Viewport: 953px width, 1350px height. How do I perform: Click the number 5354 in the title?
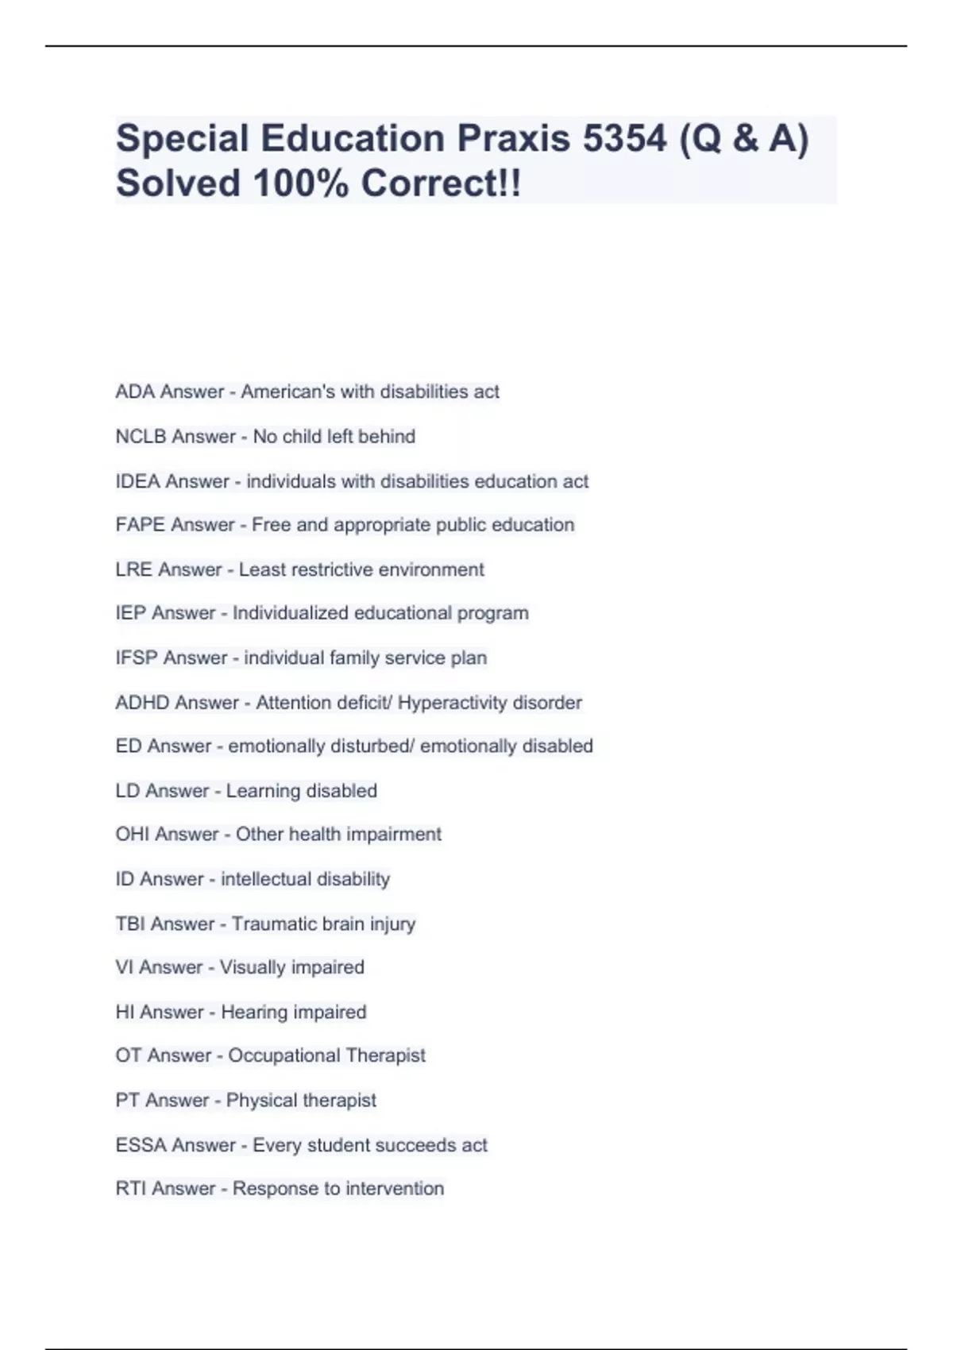(x=624, y=139)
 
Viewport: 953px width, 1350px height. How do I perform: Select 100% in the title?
(x=301, y=184)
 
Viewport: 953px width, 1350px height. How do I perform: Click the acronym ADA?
(x=135, y=391)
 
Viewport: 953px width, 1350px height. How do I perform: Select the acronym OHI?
(x=133, y=835)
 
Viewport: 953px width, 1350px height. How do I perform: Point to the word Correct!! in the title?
(x=442, y=184)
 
